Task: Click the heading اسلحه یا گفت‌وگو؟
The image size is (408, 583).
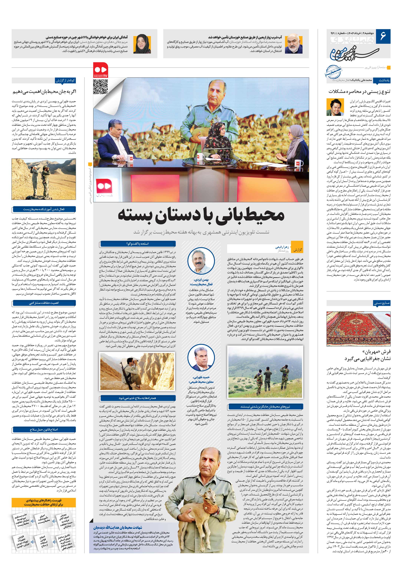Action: tap(137, 244)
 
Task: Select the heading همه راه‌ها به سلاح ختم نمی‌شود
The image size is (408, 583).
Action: tap(137, 398)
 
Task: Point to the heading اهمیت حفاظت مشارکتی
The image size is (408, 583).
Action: tap(44, 303)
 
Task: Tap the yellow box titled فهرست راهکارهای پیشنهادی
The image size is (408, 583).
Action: tap(44, 502)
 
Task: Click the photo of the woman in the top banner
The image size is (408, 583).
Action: tap(142, 44)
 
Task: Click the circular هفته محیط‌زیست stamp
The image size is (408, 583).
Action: tap(333, 71)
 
